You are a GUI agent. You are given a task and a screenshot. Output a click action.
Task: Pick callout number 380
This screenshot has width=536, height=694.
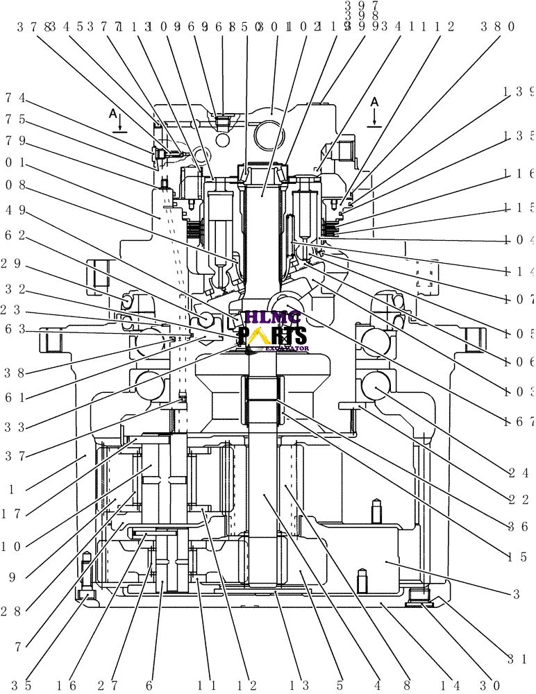tap(497, 28)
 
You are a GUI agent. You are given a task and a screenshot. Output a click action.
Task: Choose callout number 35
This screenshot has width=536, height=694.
tap(26, 686)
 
